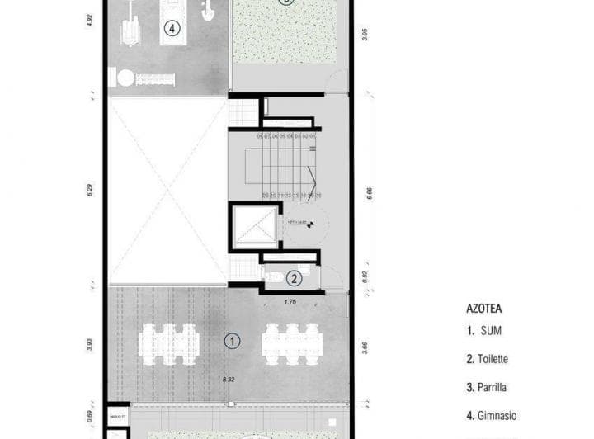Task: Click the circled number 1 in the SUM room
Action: [233, 339]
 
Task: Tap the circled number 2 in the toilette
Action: [295, 279]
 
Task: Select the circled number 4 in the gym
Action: [172, 28]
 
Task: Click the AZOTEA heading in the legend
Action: [484, 309]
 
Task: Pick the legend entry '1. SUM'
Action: [484, 332]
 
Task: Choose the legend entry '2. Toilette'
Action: [487, 359]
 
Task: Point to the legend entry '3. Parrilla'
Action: [487, 387]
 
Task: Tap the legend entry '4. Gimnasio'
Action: [491, 415]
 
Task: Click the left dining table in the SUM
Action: [169, 344]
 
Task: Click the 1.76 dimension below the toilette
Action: [290, 301]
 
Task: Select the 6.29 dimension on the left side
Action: [89, 191]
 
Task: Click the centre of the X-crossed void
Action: [167, 191]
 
